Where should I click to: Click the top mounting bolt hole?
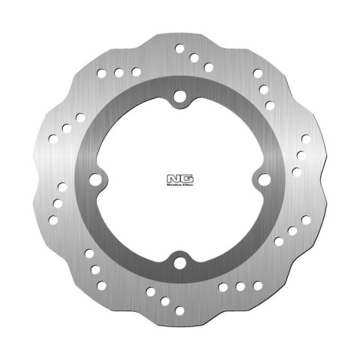(x=179, y=97)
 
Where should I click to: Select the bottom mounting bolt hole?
(x=179, y=262)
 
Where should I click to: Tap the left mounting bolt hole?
(x=96, y=180)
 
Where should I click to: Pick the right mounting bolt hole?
(x=262, y=180)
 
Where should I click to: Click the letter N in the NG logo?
(x=174, y=178)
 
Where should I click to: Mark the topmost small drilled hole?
(x=180, y=49)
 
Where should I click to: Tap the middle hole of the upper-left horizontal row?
(x=118, y=73)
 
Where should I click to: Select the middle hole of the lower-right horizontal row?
(x=240, y=286)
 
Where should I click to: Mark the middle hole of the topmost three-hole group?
(x=194, y=57)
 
